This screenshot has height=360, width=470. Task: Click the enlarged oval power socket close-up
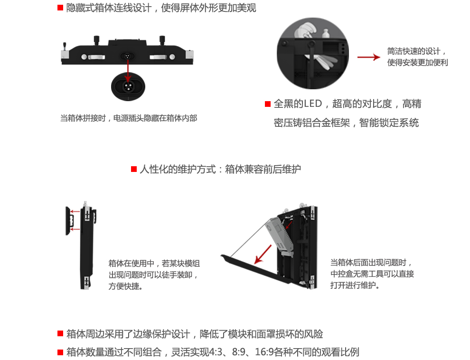127,87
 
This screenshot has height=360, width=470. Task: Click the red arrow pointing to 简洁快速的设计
368,57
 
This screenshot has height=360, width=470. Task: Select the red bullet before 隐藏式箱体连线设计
60,8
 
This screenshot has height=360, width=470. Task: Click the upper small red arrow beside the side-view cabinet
74,212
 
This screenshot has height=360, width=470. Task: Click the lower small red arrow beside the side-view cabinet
74,229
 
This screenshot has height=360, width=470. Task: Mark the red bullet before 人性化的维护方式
134,169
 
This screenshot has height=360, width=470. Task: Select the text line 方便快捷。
126,287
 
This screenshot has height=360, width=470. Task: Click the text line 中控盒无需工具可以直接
372,274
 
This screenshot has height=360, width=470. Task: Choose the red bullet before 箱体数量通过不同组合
60,352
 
